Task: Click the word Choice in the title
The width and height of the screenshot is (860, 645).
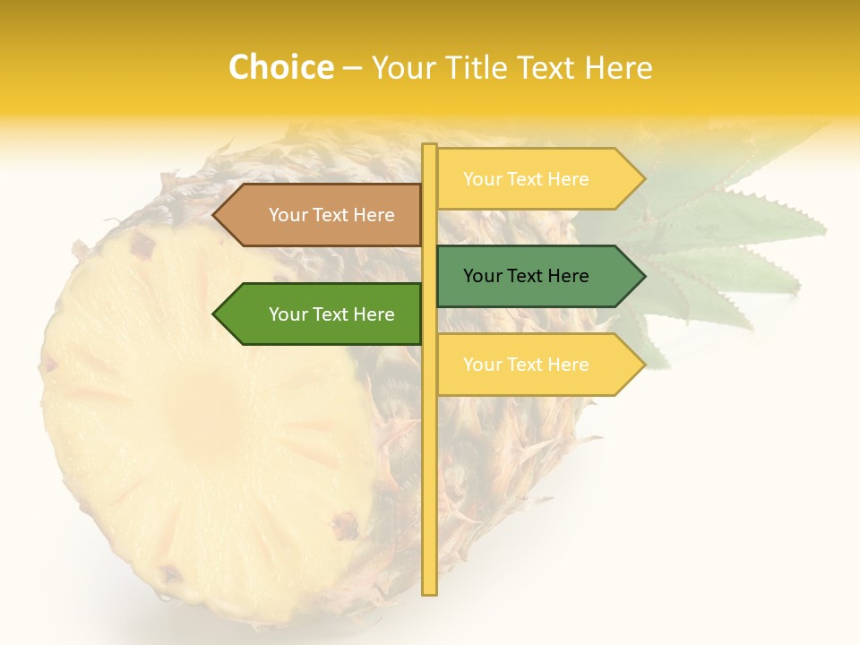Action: pyautogui.click(x=280, y=68)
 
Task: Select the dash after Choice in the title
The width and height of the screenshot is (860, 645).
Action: pyautogui.click(x=352, y=69)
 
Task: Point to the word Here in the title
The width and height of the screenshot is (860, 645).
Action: pyautogui.click(x=618, y=68)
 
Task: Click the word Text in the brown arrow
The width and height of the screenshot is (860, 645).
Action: pyautogui.click(x=331, y=215)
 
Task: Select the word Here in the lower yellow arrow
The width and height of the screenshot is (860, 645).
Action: pyautogui.click(x=566, y=365)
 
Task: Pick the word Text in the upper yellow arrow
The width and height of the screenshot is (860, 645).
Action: pyautogui.click(x=525, y=179)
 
